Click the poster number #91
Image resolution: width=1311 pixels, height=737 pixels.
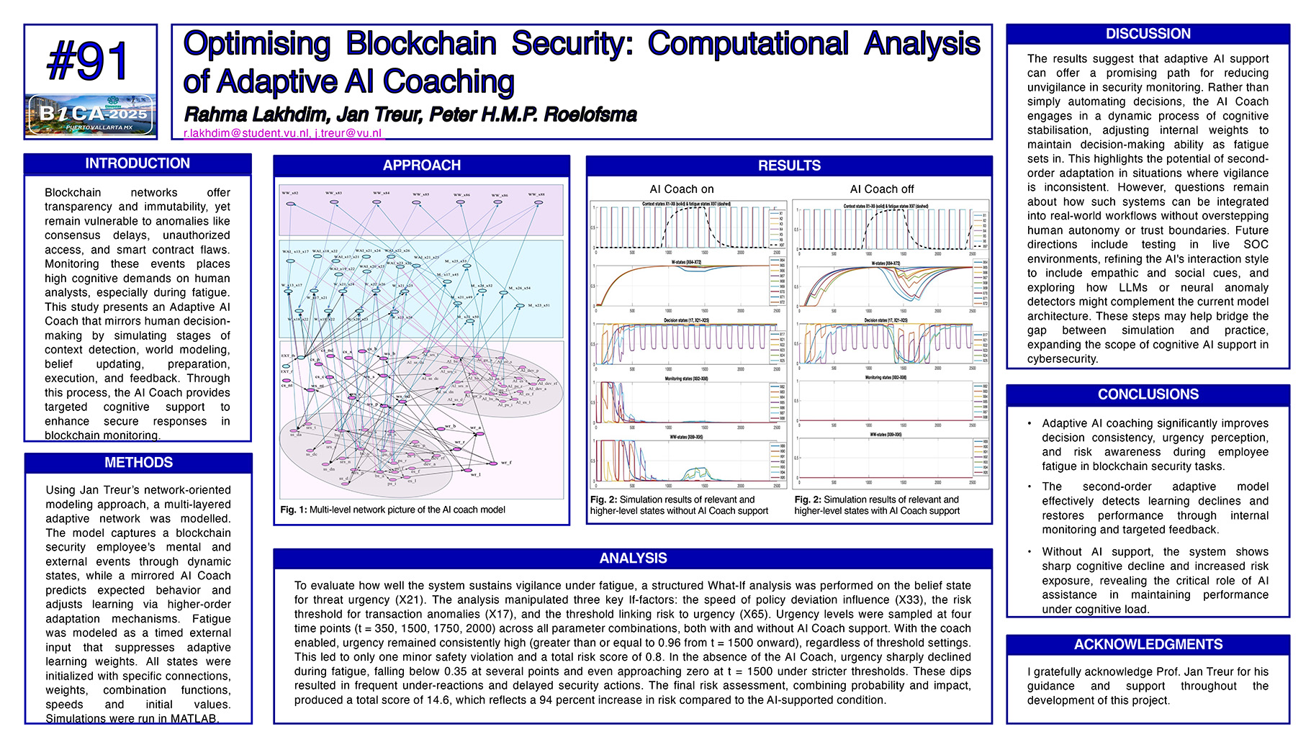click(x=89, y=61)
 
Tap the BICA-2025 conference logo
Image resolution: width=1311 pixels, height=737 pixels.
click(x=90, y=114)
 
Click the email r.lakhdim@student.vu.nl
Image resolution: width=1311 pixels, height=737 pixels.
click(x=246, y=133)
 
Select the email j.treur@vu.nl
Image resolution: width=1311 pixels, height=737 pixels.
click(x=348, y=133)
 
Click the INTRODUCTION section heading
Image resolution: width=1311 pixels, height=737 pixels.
click(x=138, y=163)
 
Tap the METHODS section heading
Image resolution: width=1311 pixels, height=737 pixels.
click(x=138, y=463)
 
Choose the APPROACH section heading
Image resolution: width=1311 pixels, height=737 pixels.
click(x=421, y=166)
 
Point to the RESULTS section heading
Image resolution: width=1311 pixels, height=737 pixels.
click(x=789, y=166)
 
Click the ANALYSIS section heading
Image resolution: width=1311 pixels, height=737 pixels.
click(x=633, y=559)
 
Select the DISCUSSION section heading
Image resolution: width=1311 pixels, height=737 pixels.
click(x=1148, y=34)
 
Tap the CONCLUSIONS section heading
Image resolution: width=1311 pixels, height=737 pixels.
click(x=1148, y=394)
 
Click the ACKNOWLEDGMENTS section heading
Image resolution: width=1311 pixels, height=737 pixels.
click(x=1148, y=645)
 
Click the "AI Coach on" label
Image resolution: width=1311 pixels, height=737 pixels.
click(x=682, y=189)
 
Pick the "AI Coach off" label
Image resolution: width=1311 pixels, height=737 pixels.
click(x=881, y=189)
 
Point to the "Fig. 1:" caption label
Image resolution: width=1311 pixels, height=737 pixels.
click(x=294, y=510)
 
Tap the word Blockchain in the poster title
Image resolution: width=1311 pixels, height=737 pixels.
click(x=420, y=44)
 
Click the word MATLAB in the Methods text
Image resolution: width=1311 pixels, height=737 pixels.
click(x=194, y=718)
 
